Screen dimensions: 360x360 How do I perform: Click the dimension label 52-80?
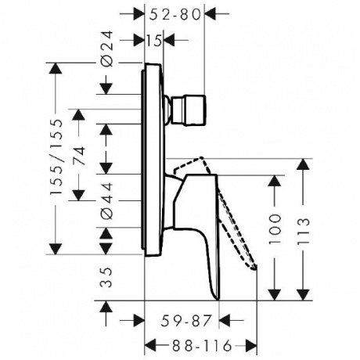click(x=175, y=14)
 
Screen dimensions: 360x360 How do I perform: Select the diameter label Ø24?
click(x=107, y=49)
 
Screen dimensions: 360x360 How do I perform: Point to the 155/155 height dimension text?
click(x=56, y=157)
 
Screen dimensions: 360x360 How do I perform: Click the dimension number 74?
click(x=79, y=156)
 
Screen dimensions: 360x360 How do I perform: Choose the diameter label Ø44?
click(x=107, y=200)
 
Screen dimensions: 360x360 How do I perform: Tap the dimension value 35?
click(x=106, y=277)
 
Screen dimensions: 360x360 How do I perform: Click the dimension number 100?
click(x=275, y=229)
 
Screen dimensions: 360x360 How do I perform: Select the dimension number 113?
click(x=304, y=231)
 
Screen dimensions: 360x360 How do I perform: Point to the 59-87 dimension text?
click(x=185, y=321)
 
